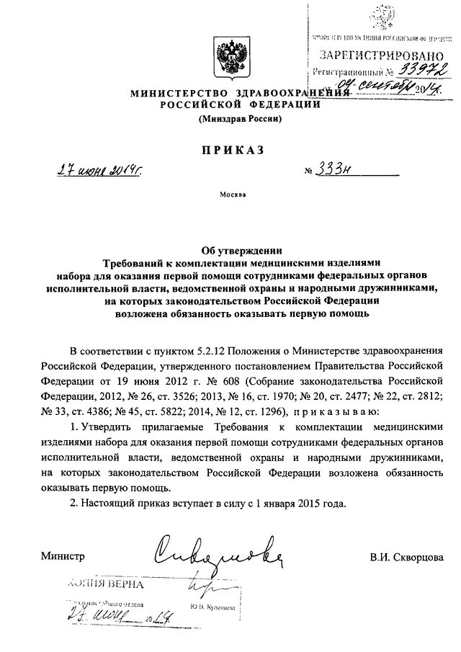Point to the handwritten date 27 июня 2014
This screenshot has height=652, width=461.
tap(99, 171)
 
